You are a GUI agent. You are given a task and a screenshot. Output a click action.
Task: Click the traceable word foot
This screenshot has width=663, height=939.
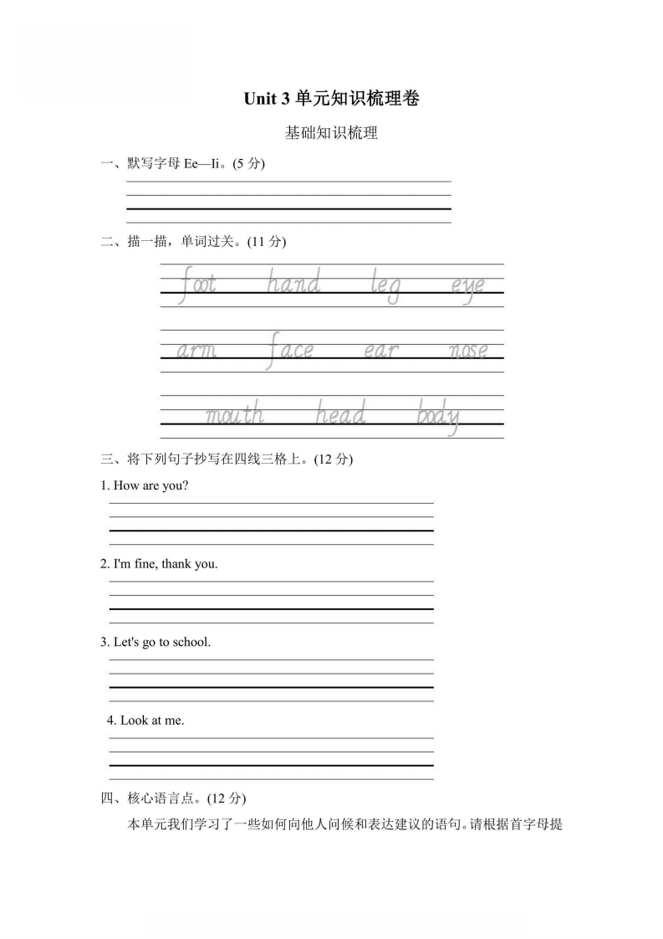[x=197, y=285]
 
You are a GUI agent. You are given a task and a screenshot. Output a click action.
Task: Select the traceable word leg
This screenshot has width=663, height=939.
[x=385, y=287]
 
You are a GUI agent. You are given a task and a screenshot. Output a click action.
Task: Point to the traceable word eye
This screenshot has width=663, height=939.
[x=467, y=287]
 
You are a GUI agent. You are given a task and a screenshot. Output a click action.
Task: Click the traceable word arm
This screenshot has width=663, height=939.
[x=196, y=351]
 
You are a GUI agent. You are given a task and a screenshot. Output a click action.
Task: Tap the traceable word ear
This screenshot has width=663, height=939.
[x=380, y=351]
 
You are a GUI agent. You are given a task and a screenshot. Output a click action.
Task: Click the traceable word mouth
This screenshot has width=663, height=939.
[x=235, y=414]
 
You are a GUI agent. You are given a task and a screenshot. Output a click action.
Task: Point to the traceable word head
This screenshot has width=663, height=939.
[x=340, y=413]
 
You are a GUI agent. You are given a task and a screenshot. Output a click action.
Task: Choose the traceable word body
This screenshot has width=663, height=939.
[x=438, y=416]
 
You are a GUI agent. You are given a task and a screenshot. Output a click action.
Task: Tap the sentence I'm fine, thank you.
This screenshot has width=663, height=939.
[x=165, y=564]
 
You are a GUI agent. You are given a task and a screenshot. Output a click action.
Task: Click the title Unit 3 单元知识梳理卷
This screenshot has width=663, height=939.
[x=331, y=99]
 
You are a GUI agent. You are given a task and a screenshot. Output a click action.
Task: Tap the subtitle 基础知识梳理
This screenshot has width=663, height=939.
[x=331, y=132]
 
